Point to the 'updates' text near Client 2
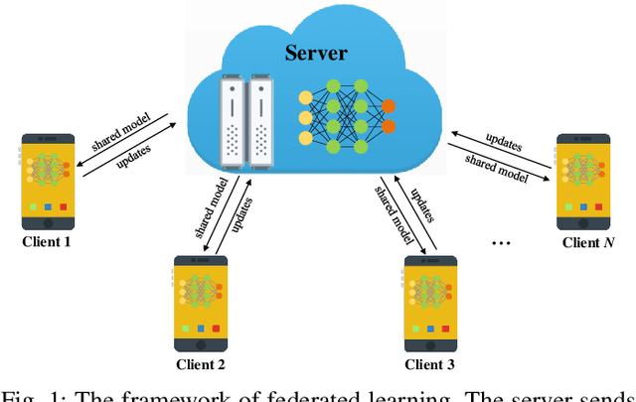click(238, 211)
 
